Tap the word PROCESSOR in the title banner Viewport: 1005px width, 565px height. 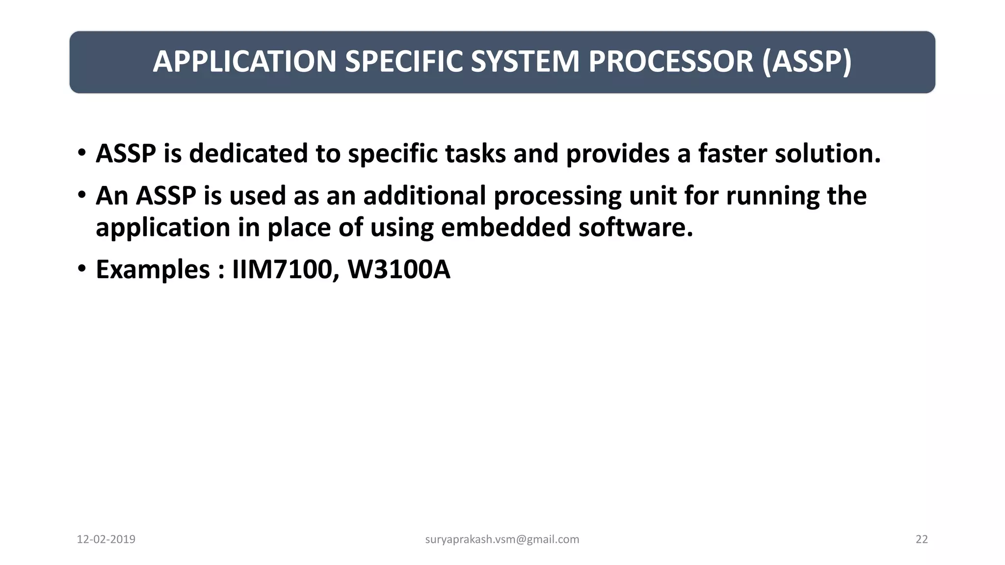pyautogui.click(x=670, y=62)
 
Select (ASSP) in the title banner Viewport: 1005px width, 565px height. pyautogui.click(x=807, y=62)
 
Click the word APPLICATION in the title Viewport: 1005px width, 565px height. pyautogui.click(x=245, y=62)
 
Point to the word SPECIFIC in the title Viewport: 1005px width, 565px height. pyautogui.click(x=404, y=62)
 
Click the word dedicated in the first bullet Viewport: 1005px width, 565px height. pyautogui.click(x=248, y=154)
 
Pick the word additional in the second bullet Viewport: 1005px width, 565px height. pyautogui.click(x=424, y=196)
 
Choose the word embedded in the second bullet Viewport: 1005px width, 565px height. pyautogui.click(x=505, y=228)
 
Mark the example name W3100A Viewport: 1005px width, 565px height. pyautogui.click(x=398, y=270)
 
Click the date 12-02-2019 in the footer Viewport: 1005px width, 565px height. pyautogui.click(x=106, y=539)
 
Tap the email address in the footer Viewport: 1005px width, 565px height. pyautogui.click(x=502, y=539)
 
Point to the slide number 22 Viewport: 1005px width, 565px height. pyautogui.click(x=922, y=539)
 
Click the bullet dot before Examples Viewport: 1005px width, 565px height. pyautogui.click(x=82, y=269)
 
